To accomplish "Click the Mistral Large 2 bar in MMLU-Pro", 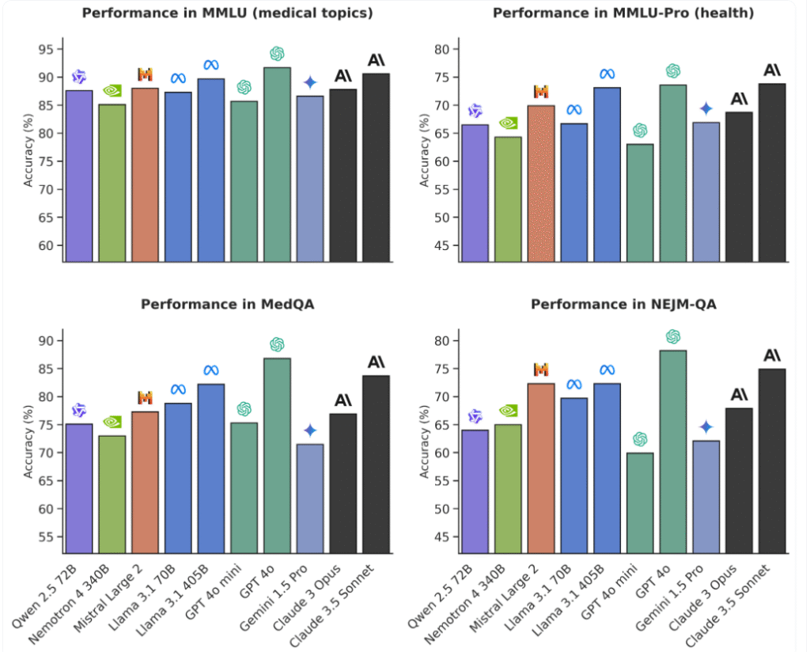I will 541,183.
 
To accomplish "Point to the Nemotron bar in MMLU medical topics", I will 112,182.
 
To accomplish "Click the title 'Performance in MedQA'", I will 227,304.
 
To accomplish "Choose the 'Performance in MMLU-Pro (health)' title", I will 623,13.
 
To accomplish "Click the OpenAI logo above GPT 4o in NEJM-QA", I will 673,337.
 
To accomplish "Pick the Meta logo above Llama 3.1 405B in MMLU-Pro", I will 607,74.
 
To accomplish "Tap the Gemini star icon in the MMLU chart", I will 310,82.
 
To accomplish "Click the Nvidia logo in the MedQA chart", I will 112,422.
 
